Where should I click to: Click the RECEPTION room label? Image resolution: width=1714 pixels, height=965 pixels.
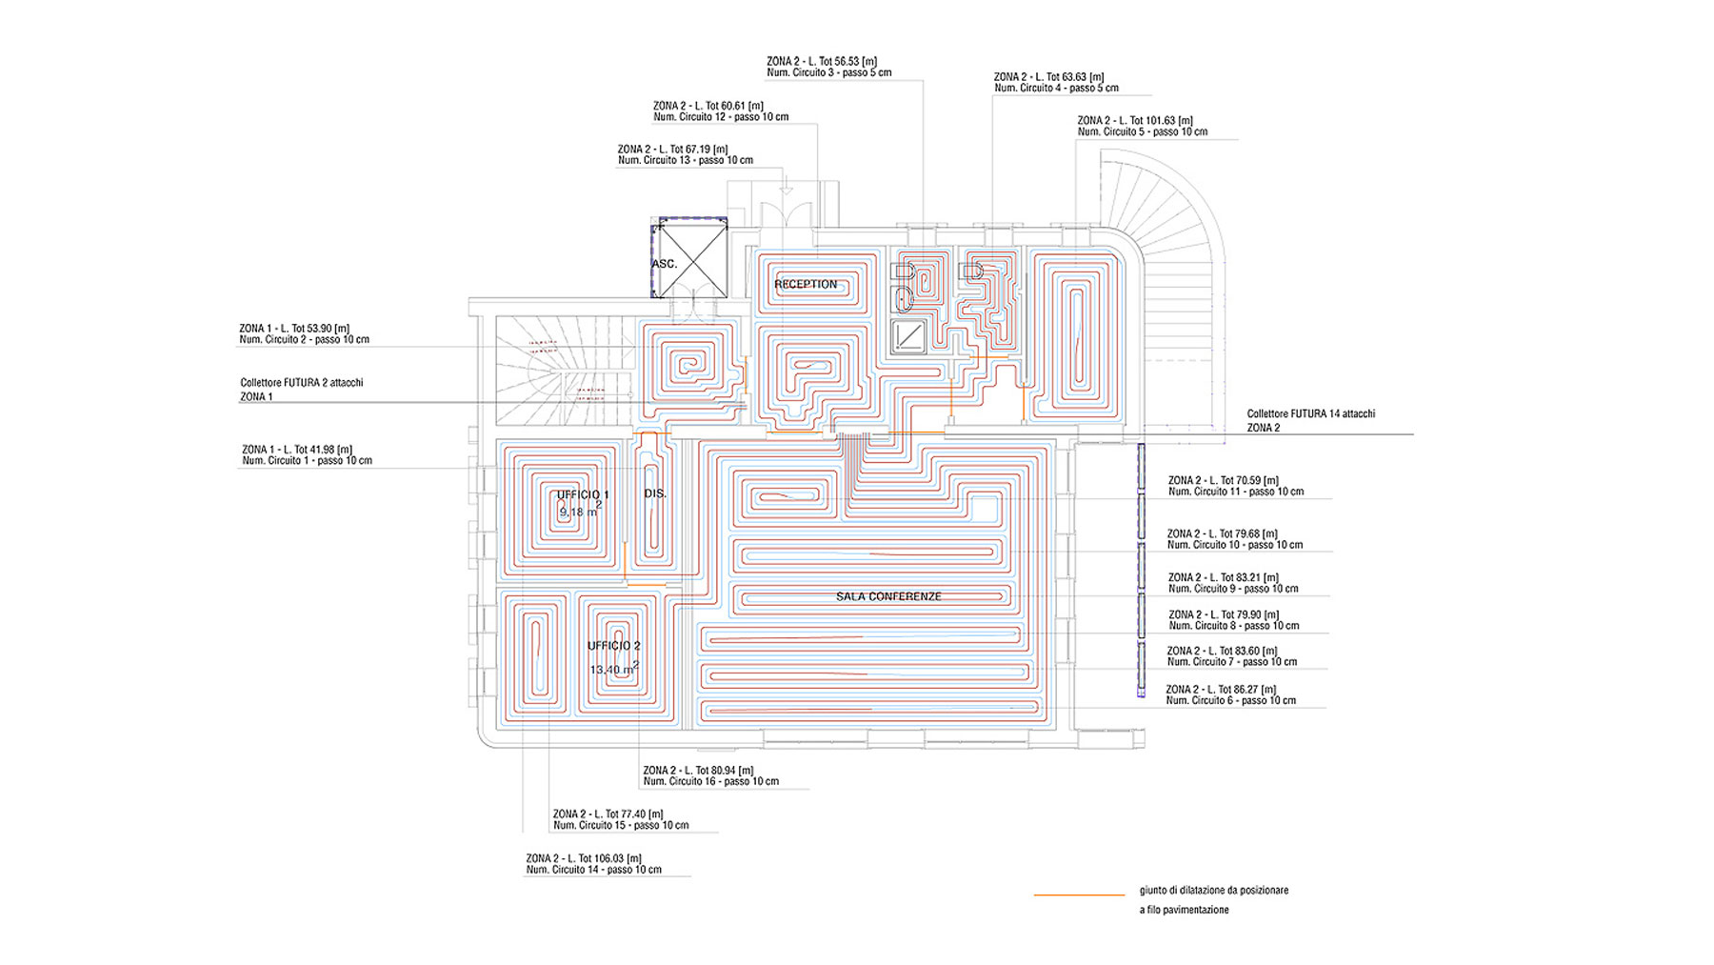(806, 284)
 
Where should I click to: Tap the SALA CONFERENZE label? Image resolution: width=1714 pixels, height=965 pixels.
(888, 596)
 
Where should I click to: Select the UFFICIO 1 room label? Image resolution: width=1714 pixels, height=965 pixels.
(583, 494)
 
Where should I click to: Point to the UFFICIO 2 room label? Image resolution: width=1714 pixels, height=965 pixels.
(614, 646)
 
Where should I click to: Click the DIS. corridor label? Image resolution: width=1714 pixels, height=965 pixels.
(655, 493)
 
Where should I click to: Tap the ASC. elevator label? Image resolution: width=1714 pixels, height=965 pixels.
(665, 264)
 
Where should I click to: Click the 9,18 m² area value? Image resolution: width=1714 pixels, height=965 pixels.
(579, 512)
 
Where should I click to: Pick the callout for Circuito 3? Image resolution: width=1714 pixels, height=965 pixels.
(828, 67)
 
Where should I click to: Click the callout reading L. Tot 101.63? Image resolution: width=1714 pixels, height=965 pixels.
(1142, 126)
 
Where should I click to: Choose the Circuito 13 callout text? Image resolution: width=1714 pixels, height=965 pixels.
(685, 154)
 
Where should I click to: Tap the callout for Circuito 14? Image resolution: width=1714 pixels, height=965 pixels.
(593, 864)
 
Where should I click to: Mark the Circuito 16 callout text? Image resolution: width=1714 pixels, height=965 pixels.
(710, 775)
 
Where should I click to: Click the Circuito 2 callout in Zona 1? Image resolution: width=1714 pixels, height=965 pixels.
(304, 333)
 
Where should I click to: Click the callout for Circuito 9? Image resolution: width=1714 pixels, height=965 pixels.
(1233, 583)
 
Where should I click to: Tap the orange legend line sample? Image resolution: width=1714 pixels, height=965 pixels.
(1079, 895)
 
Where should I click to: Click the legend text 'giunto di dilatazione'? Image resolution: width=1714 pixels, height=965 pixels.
(1213, 891)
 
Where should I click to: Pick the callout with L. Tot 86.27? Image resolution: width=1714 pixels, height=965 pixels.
(1230, 694)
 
